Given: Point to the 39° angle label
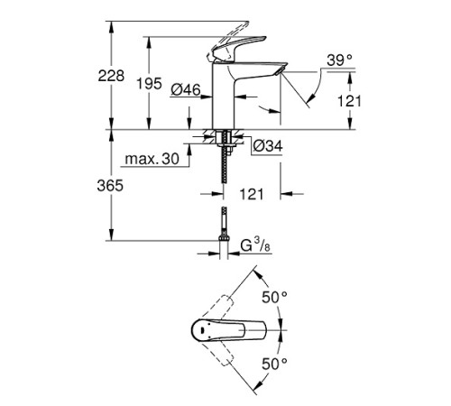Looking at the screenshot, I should click(x=339, y=60).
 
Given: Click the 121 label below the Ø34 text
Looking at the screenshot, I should click(x=253, y=192).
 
